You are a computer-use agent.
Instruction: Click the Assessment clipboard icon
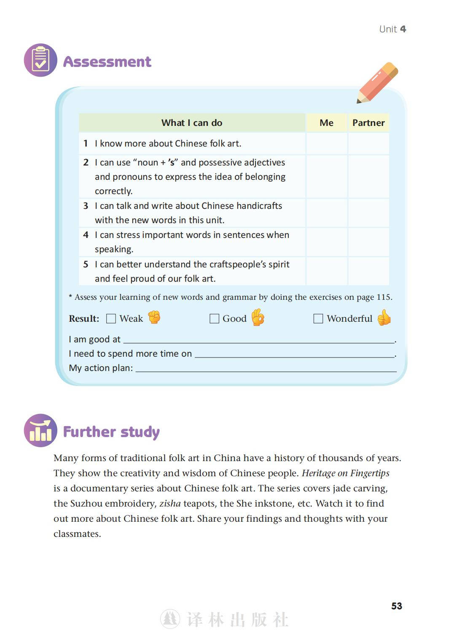(40, 60)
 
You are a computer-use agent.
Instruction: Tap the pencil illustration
(377, 83)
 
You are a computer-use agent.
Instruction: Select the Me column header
(326, 123)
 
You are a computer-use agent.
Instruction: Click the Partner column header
(368, 123)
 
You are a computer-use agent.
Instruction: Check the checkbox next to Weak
(111, 319)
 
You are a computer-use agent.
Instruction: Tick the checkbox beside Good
(214, 319)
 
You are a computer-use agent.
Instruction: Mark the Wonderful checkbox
(318, 319)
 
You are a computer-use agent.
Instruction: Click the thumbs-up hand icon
(384, 317)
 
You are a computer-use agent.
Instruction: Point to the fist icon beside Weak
(154, 317)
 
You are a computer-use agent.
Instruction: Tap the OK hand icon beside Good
(258, 317)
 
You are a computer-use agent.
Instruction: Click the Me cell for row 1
(327, 144)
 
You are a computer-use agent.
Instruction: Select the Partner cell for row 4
(368, 242)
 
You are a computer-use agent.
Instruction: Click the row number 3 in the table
(86, 206)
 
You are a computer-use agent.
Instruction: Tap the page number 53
(397, 606)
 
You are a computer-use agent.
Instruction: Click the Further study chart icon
(40, 430)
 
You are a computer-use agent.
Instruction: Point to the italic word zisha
(170, 504)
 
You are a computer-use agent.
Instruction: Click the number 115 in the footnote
(384, 297)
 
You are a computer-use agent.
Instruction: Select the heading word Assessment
(107, 62)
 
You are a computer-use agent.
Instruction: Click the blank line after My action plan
(266, 368)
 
